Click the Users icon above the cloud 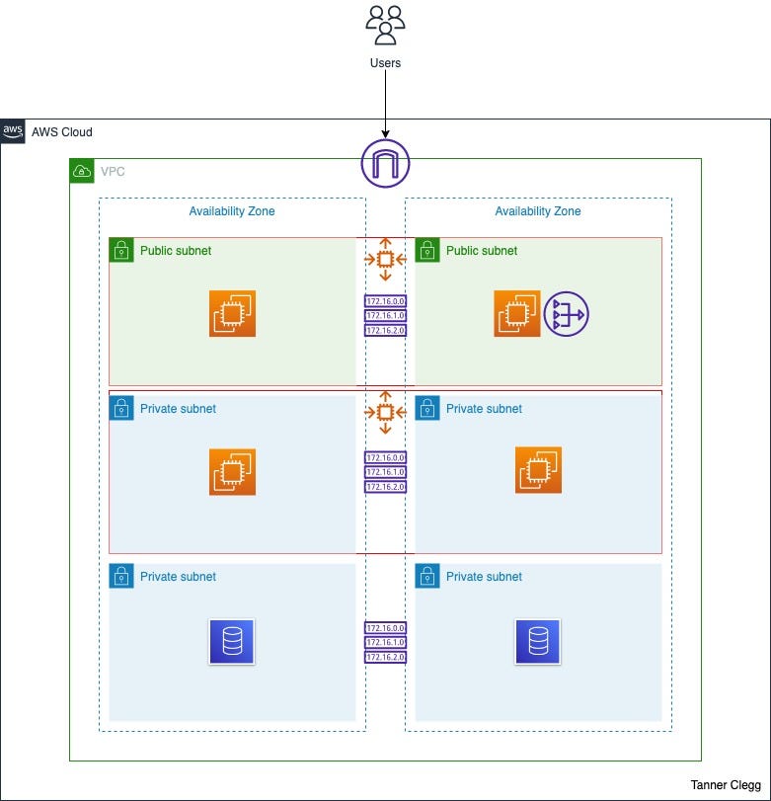pos(385,25)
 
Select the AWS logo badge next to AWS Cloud pos(13,132)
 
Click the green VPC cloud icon pos(81,171)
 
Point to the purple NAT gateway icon pos(566,314)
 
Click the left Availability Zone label pos(232,211)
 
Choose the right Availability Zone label pos(538,211)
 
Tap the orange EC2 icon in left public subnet pos(232,314)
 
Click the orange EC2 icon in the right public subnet pos(517,314)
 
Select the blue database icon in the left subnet pos(232,641)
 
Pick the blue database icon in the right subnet pos(538,641)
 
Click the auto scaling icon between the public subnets pos(385,260)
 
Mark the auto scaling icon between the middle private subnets pos(385,412)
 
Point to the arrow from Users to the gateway pos(385,104)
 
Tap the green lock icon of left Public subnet pos(120,250)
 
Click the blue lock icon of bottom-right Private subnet pos(426,576)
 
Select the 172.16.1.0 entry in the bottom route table pos(385,642)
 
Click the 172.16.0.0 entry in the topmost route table pos(385,301)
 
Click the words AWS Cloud pos(62,132)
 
